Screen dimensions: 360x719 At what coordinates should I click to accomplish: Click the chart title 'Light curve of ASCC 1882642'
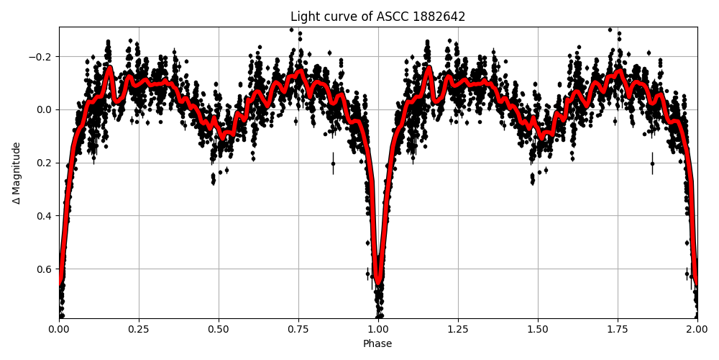(377, 17)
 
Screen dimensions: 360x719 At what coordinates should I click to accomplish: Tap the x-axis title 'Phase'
(377, 344)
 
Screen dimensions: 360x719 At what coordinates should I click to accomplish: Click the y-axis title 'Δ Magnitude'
(17, 173)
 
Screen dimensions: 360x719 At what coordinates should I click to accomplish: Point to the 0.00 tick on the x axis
(59, 329)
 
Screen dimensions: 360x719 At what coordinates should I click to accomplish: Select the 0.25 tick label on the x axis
(139, 329)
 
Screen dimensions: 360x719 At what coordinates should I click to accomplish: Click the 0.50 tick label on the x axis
(219, 329)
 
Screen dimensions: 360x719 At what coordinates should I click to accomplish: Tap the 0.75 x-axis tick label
(298, 329)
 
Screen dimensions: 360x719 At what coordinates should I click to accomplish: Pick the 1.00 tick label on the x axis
(378, 329)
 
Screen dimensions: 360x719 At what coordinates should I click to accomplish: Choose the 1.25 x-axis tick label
(458, 329)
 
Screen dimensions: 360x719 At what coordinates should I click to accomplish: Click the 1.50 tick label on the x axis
(538, 329)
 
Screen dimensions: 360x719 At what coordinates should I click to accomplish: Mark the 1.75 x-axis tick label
(618, 329)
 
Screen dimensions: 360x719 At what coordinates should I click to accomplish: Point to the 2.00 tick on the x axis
(697, 329)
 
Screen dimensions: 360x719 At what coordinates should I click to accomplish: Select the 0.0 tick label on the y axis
(45, 109)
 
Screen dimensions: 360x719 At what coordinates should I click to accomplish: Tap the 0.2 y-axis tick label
(45, 163)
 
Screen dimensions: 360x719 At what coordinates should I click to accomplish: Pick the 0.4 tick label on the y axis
(45, 216)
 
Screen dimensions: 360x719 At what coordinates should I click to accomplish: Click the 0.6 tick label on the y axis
(45, 269)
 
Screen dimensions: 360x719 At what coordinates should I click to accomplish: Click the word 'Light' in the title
(303, 17)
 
